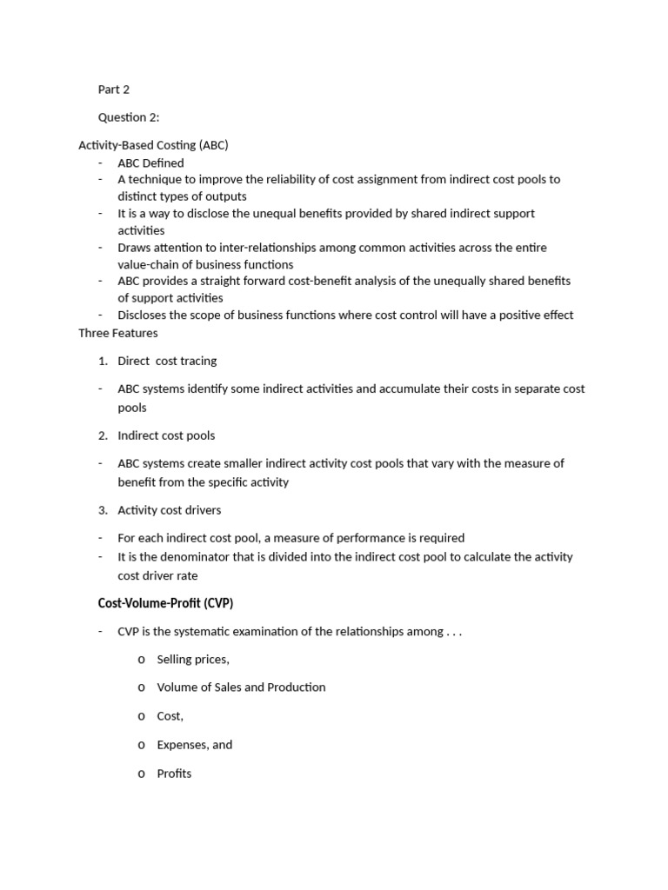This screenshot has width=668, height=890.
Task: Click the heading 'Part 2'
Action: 114,90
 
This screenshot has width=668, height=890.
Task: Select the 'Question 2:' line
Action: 129,117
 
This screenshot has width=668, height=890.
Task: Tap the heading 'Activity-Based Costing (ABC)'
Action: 153,145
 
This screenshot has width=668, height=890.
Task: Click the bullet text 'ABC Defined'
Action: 150,163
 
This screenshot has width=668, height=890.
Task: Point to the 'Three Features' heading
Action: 118,332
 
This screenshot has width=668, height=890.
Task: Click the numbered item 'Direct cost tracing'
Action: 167,361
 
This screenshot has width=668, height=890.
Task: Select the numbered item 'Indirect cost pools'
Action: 166,435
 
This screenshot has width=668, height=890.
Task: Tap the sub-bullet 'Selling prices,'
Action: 193,660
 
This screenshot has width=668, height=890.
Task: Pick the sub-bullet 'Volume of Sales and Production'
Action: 241,687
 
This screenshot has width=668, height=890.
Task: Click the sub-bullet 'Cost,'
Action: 170,716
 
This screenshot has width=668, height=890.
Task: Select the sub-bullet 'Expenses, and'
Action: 194,745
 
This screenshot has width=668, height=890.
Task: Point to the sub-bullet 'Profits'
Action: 174,774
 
